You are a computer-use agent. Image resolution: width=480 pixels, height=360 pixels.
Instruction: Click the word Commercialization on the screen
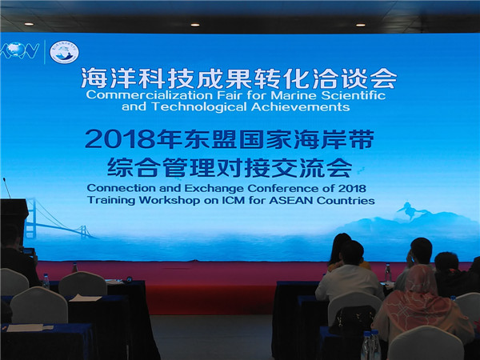[149, 95]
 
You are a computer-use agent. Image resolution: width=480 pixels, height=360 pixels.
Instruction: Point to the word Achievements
[300, 107]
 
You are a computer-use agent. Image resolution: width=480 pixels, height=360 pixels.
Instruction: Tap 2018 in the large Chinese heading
[119, 139]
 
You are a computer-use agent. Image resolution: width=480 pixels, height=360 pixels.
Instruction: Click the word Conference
[285, 188]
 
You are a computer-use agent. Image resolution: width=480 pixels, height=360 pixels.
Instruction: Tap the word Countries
[346, 201]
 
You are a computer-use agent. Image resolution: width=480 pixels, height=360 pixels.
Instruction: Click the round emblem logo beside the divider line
[64, 52]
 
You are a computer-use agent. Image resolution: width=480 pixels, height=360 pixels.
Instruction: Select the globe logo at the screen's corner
[19, 50]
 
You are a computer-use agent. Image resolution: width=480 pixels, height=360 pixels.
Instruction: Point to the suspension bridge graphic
[57, 219]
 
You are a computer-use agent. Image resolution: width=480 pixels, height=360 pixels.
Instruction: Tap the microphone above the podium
[6, 188]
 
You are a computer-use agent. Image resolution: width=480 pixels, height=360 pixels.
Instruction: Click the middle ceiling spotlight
[194, 25]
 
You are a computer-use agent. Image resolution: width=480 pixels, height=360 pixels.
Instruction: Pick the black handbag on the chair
[353, 320]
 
